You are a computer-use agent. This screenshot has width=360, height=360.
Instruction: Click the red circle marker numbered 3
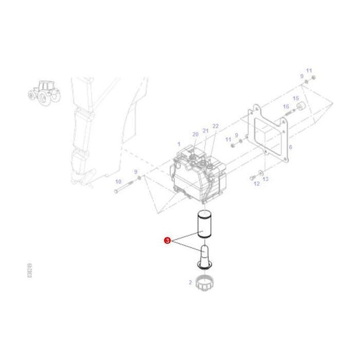(167, 239)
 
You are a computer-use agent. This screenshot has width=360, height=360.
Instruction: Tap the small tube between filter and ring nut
(204, 257)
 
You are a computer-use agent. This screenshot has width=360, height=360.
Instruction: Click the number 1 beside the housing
(178, 145)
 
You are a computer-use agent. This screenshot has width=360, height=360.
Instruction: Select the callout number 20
(195, 135)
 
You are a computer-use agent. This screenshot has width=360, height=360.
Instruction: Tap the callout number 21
(206, 131)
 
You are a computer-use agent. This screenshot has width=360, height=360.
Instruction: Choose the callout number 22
(216, 127)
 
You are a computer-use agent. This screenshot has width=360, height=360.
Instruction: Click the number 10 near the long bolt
(118, 182)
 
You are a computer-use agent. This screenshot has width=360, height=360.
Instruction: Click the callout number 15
(295, 98)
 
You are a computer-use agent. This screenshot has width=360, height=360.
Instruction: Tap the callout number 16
(286, 107)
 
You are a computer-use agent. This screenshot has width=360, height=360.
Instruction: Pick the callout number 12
(257, 182)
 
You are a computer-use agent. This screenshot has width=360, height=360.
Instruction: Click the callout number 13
(265, 178)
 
